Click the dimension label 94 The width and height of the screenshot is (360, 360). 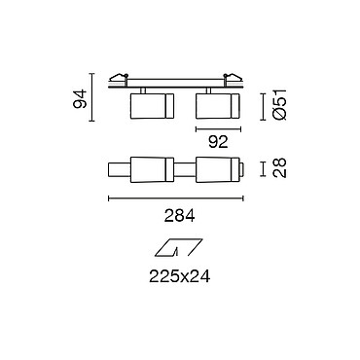pos(80,99)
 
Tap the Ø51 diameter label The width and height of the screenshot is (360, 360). pos(279,104)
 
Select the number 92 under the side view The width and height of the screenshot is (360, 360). pos(218,142)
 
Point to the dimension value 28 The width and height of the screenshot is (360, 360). pos(279,167)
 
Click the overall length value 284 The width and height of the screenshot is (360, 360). pos(179,216)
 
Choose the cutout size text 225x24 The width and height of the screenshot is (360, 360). pos(179,276)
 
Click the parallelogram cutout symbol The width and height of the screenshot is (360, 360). pos(179,248)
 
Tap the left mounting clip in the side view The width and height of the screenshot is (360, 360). pos(118,78)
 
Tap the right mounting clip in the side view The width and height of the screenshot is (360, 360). pos(233,78)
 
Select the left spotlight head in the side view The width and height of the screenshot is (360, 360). pos(152,106)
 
